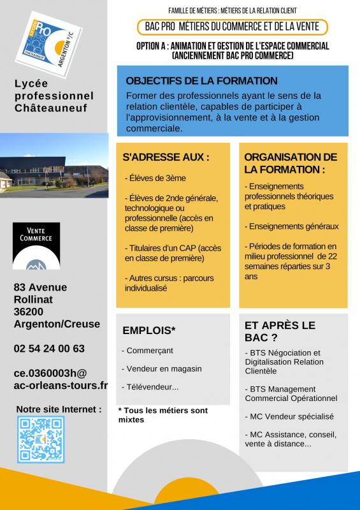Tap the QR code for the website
pyautogui.click(x=41, y=439)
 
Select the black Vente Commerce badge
pyautogui.click(x=36, y=245)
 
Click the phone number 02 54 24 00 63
pyautogui.click(x=49, y=349)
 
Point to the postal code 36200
pyautogui.click(x=29, y=312)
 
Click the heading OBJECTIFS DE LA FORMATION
pyautogui.click(x=201, y=81)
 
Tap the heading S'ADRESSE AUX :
pyautogui.click(x=166, y=157)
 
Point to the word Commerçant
pyautogui.click(x=149, y=351)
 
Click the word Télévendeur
pyautogui.click(x=151, y=386)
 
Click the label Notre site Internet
pyautogui.click(x=59, y=409)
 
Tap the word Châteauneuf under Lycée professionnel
pyautogui.click(x=50, y=108)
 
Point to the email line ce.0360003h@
pyautogui.click(x=50, y=373)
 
